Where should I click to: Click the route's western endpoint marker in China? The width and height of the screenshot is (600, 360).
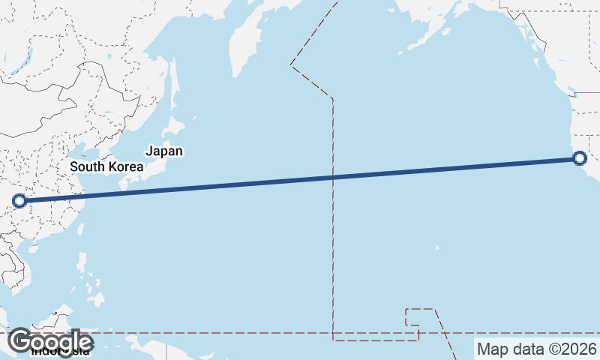pyautogui.click(x=19, y=200)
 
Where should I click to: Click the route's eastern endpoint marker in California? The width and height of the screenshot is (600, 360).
pyautogui.click(x=579, y=157)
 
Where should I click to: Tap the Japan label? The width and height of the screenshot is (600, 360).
pyautogui.click(x=164, y=151)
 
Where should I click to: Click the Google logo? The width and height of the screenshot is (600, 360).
pyautogui.click(x=51, y=340)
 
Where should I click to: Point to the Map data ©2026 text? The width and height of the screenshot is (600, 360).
pyautogui.click(x=537, y=349)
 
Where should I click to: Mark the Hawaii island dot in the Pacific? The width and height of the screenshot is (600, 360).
pyautogui.click(x=437, y=248)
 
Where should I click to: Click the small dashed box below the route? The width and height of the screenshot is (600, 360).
pyautogui.click(x=412, y=316)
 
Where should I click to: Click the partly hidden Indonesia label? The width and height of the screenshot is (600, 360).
pyautogui.click(x=60, y=351)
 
